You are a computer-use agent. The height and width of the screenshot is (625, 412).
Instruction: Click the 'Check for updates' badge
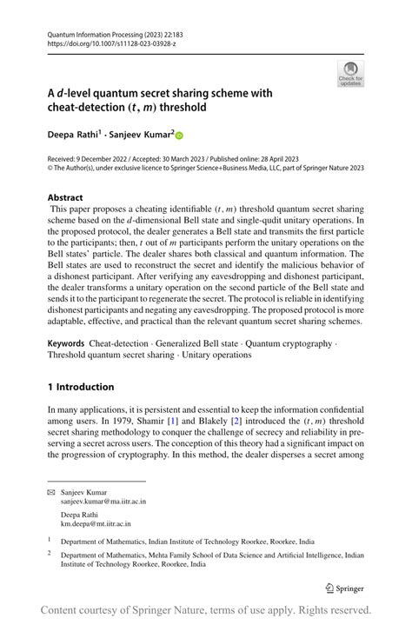(x=350, y=75)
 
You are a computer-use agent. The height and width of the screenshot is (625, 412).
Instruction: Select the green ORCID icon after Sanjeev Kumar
(x=181, y=136)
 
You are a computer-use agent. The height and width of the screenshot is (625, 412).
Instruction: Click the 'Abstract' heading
(x=65, y=197)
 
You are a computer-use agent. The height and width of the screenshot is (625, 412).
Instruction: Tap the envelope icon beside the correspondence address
(x=51, y=492)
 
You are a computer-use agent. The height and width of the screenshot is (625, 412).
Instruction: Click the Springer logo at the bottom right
(x=342, y=585)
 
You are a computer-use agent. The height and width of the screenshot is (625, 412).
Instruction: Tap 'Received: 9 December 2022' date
(x=97, y=159)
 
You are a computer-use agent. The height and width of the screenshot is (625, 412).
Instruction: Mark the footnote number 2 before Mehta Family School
(x=50, y=551)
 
